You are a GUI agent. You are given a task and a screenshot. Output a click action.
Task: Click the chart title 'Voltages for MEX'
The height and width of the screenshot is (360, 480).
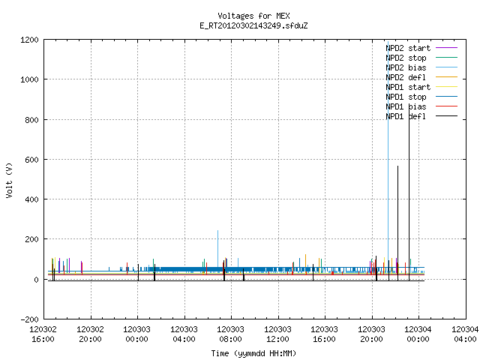pos(253,16)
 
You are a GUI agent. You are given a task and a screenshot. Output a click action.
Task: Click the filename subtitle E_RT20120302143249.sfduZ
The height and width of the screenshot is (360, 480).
pos(253,25)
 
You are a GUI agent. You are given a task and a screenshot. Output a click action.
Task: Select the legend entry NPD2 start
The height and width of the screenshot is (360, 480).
pos(408,48)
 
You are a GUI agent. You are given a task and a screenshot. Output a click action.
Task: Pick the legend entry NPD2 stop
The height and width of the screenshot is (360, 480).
pos(406,58)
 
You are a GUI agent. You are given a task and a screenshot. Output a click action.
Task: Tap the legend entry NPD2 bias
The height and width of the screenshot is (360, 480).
pos(406,67)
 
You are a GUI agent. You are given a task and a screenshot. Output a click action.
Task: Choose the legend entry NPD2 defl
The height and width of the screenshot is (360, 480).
pos(406,77)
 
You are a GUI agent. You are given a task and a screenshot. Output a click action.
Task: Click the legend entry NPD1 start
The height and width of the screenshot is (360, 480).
pos(408,87)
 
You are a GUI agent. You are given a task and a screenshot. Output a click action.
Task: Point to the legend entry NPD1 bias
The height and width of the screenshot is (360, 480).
pos(406,106)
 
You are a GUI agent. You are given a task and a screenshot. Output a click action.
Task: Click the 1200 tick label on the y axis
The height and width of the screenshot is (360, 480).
pos(29,40)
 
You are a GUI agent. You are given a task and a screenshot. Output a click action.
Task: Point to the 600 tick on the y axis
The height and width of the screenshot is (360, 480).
pos(31,160)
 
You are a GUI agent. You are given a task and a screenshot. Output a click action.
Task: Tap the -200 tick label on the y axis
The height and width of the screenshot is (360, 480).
pos(29,319)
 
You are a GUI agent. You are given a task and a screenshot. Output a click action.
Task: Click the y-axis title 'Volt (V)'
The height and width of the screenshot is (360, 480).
pos(9,180)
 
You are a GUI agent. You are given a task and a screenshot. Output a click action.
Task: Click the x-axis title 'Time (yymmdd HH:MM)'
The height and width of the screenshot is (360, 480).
pos(253,353)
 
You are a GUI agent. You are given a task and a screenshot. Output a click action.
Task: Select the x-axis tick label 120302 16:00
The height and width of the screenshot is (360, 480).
pos(43,334)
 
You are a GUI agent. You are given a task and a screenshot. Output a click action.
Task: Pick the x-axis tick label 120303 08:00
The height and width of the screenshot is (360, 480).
pos(230,334)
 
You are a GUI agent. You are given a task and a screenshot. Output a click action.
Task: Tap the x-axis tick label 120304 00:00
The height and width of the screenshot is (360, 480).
pos(418,334)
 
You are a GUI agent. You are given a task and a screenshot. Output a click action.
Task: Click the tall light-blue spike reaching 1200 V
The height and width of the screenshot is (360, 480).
pos(388,156)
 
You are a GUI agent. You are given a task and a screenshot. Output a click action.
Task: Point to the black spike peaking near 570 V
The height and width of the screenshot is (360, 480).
pos(398,223)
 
